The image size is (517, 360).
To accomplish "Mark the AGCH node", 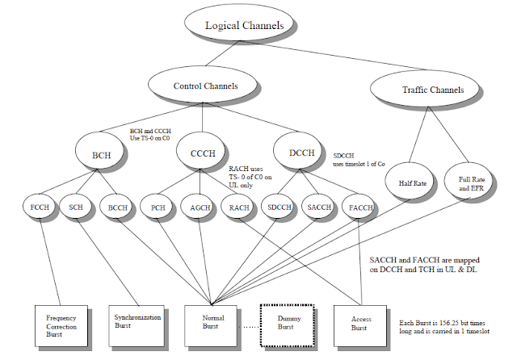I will [x=200, y=207].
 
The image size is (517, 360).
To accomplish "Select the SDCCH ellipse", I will [x=280, y=207].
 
